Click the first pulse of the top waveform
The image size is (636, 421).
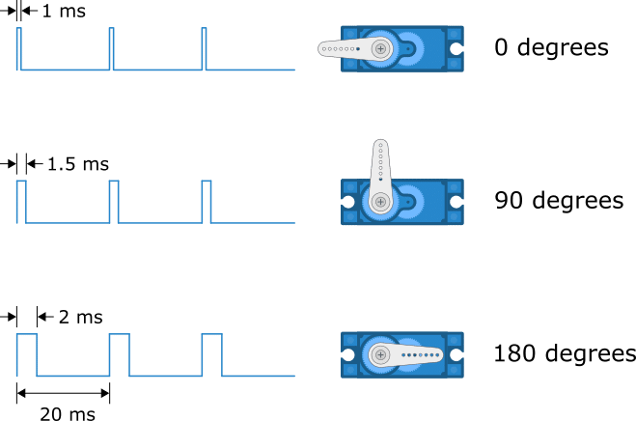pos(18,48)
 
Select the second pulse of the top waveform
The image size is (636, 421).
pos(111,48)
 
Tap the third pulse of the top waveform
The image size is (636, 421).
pos(204,48)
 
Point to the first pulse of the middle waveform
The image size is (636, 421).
pos(21,201)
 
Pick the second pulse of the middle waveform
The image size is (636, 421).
pos(114,201)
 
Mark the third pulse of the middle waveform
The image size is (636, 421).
pos(207,201)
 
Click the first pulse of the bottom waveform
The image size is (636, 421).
pos(27,354)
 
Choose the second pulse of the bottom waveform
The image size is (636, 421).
pos(120,354)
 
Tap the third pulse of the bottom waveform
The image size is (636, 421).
pos(212,354)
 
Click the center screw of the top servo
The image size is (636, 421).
pos(380,48)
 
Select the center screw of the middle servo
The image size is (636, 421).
pos(380,202)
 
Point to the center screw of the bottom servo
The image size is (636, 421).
pos(380,354)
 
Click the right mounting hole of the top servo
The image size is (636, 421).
pos(456,48)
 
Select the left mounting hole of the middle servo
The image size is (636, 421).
pos(347,202)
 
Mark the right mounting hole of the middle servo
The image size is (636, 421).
pos(456,202)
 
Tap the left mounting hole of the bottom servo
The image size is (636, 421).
pos(347,354)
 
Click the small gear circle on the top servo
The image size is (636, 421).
pos(408,48)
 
